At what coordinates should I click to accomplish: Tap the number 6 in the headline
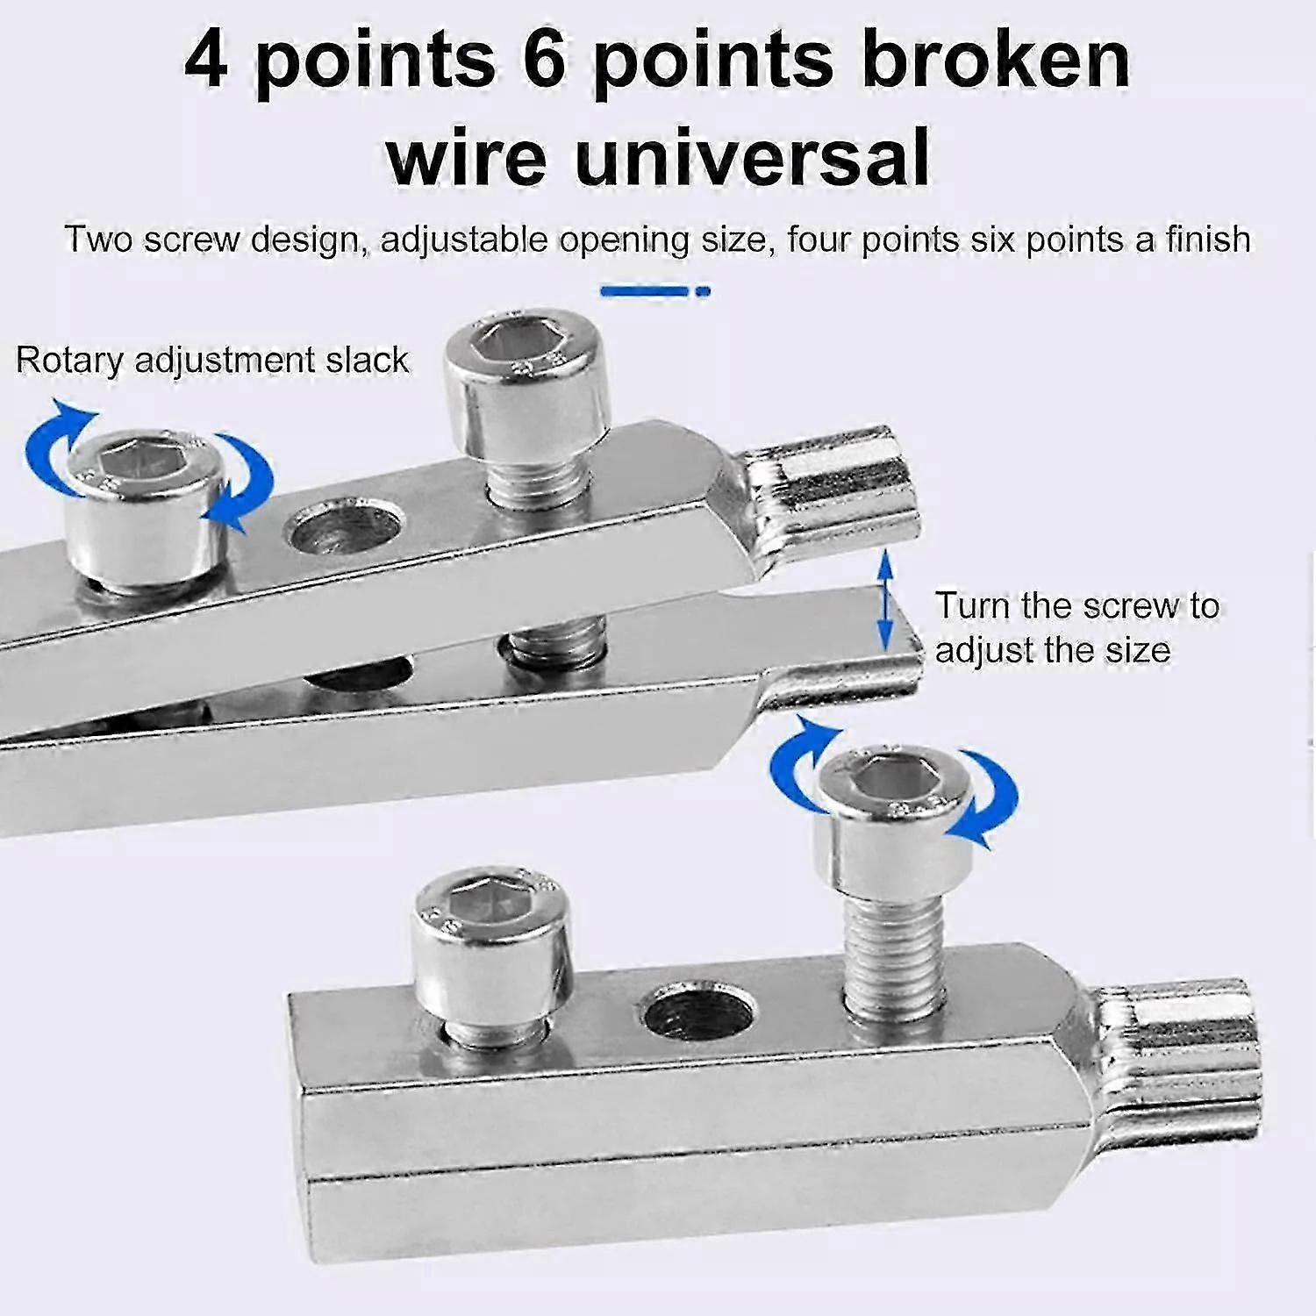(x=545, y=60)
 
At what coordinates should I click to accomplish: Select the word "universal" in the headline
(x=753, y=159)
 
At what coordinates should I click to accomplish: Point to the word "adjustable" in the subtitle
(x=463, y=240)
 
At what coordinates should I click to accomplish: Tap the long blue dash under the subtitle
(x=644, y=290)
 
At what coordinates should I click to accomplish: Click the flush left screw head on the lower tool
(x=490, y=956)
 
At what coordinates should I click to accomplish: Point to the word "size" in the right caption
(x=1137, y=650)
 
